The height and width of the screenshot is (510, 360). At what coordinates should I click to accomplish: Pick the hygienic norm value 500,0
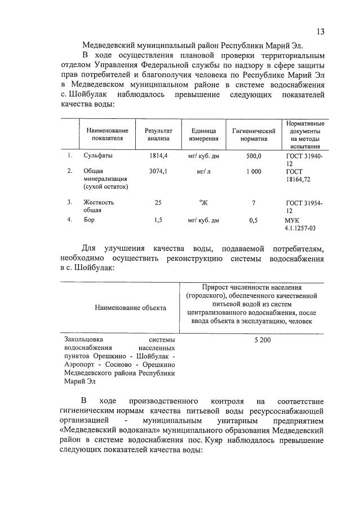254,156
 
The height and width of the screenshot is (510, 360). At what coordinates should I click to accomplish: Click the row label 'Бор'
88,220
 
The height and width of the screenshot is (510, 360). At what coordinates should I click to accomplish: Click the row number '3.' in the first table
70,202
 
